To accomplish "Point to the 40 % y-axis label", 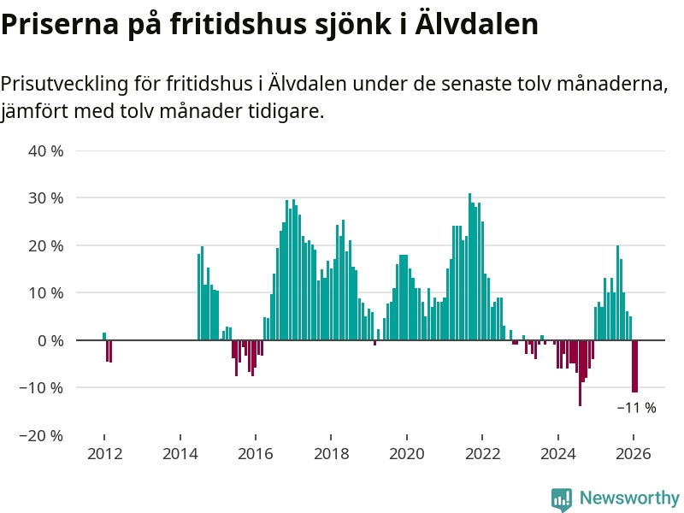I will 46,151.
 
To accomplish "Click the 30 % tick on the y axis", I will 46,198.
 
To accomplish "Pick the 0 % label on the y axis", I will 50,340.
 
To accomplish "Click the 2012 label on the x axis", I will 103,453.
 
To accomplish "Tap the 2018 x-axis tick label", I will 331,453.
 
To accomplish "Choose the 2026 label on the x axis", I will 634,453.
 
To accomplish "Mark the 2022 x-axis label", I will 482,453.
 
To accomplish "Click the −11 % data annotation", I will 636,408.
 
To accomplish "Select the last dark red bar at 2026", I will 635,366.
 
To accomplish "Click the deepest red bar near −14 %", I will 580,373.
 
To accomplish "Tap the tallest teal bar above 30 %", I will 469,267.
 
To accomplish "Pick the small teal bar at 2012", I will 104,336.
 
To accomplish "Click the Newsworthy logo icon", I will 562,498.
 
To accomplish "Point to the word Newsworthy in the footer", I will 629,498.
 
